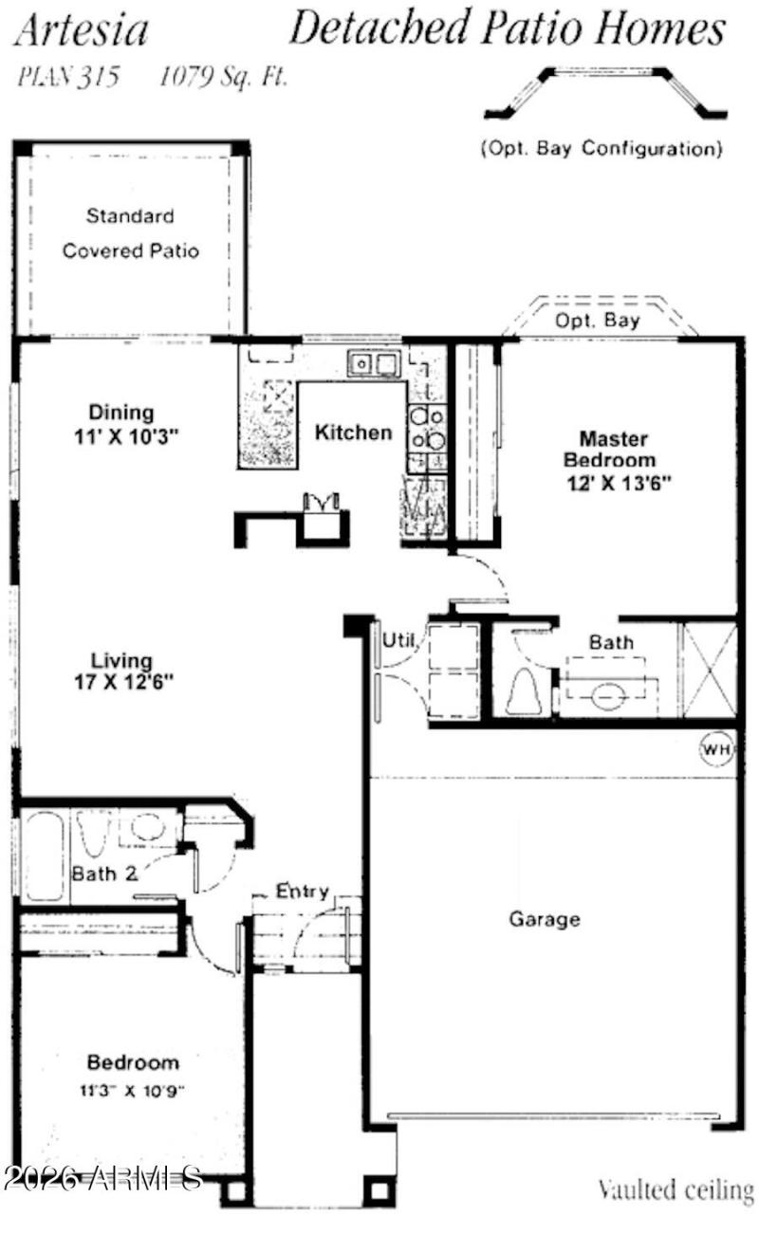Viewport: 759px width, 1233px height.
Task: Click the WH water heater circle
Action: tap(716, 748)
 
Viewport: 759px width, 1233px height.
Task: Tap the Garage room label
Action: tap(545, 918)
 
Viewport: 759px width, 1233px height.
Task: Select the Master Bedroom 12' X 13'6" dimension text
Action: tap(618, 482)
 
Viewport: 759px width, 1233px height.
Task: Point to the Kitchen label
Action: tap(353, 432)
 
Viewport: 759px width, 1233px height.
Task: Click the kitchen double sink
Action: tap(372, 361)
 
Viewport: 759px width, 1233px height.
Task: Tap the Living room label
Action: tap(121, 660)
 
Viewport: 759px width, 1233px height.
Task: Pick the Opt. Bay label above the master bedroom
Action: tap(598, 321)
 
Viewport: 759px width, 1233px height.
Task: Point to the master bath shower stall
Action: tap(710, 669)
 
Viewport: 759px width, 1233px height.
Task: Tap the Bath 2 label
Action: tap(104, 874)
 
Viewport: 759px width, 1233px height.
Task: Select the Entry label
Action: tap(302, 892)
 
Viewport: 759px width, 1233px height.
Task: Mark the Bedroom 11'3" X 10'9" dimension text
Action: tap(133, 1090)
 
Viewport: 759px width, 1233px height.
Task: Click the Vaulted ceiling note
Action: tap(676, 1187)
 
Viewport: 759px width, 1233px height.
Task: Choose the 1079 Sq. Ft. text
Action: tap(223, 78)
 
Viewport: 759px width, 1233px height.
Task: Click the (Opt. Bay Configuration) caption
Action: tap(602, 149)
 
